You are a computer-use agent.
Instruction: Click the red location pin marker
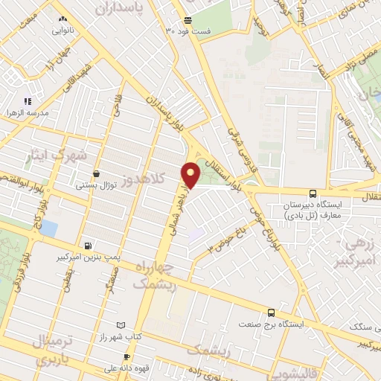(x=191, y=174)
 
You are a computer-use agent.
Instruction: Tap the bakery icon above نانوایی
(x=61, y=19)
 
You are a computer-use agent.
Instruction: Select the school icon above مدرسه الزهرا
(x=28, y=101)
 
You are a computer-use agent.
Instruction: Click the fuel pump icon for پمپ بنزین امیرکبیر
(x=89, y=246)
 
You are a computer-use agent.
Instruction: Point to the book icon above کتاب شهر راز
(x=132, y=326)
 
